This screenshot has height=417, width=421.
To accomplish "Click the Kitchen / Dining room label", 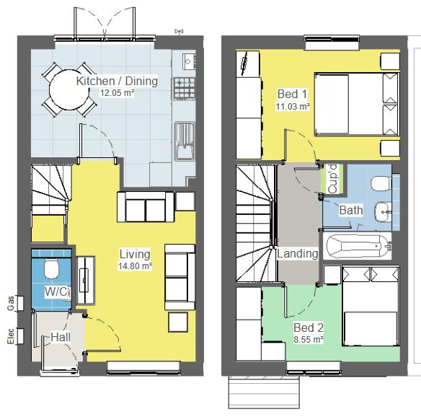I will pyautogui.click(x=117, y=81).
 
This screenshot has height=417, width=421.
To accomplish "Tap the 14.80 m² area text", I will pyautogui.click(x=136, y=265).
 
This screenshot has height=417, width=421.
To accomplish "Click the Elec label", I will pyautogui.click(x=10, y=337).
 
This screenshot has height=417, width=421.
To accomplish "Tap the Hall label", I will pyautogui.click(x=61, y=337).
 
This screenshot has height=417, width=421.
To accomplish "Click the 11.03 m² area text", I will pyautogui.click(x=293, y=106).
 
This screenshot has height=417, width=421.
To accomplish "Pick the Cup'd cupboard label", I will pyautogui.click(x=332, y=179).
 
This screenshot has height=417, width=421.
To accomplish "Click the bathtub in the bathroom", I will pyautogui.click(x=357, y=246).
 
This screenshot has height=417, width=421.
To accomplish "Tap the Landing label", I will pyautogui.click(x=298, y=253).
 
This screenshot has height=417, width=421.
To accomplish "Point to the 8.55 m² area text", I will pyautogui.click(x=308, y=339).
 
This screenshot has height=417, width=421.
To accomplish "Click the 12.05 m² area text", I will pyautogui.click(x=117, y=93).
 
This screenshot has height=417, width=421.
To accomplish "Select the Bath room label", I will pyautogui.click(x=351, y=211).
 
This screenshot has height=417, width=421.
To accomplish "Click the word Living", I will pyautogui.click(x=135, y=254).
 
